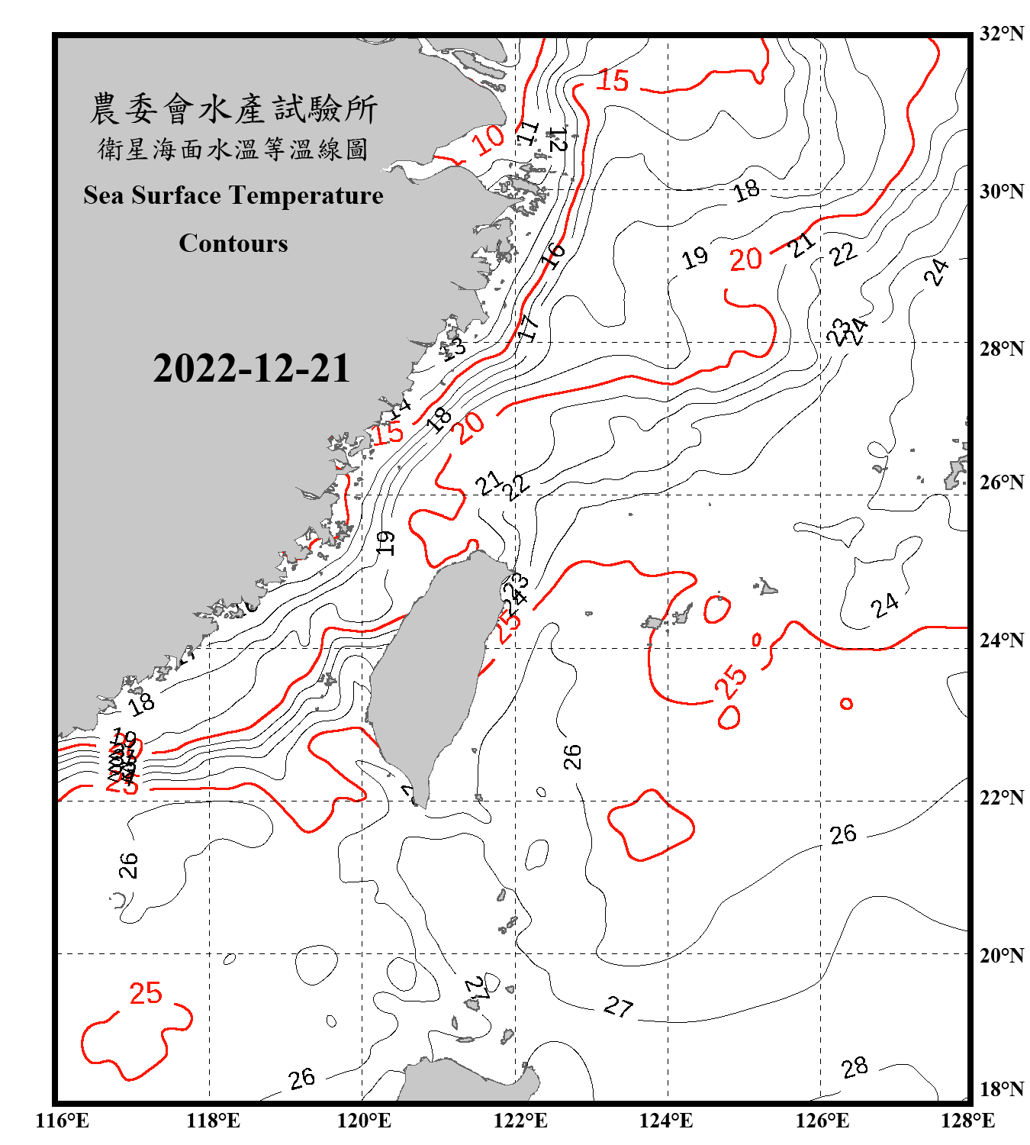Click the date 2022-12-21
(x=251, y=369)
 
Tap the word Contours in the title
(x=233, y=244)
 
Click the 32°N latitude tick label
(x=1001, y=34)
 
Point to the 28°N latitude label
(x=1001, y=349)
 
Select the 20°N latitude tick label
(x=1001, y=955)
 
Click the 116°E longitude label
(x=63, y=1121)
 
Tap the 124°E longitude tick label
(x=666, y=1121)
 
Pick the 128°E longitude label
(x=967, y=1121)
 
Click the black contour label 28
(x=855, y=1067)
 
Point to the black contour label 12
(x=558, y=140)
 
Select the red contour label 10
(x=488, y=140)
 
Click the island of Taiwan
(x=427, y=672)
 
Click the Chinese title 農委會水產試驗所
(x=233, y=109)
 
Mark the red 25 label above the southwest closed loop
(x=146, y=993)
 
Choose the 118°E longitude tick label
(x=213, y=1121)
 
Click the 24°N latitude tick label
(x=1001, y=640)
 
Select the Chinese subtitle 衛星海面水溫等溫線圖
(x=233, y=150)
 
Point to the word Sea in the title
(x=104, y=195)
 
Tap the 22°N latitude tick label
(x=1001, y=798)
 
